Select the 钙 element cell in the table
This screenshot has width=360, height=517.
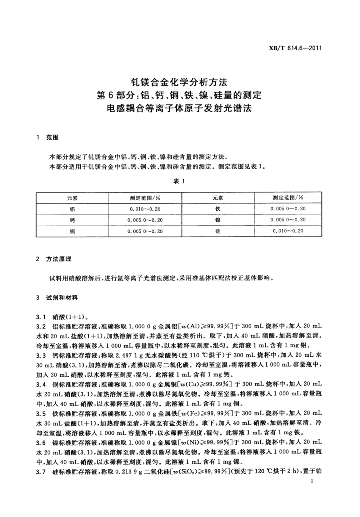[72, 220]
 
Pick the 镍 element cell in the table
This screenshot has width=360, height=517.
[218, 220]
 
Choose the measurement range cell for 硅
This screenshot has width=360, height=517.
[288, 231]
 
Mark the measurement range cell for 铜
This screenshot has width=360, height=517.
[145, 231]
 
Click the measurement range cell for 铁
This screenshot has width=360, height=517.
[288, 209]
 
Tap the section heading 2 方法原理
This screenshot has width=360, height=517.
[53, 259]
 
